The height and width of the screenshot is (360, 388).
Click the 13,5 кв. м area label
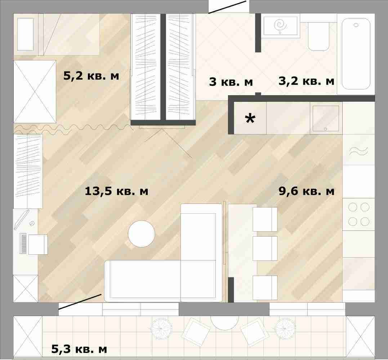coord(116,191)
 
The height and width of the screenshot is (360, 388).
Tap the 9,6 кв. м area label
coord(306,191)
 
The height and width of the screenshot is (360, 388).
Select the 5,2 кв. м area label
coord(91,75)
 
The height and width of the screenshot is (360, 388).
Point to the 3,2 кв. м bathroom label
coord(306,81)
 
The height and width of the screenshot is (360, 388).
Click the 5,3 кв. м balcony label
coord(79,349)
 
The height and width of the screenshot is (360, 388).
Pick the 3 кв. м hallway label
coord(231,82)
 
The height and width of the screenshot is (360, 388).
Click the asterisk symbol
coord(250,119)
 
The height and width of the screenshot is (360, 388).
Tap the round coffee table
coord(141,234)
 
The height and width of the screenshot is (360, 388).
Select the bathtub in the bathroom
coord(356,54)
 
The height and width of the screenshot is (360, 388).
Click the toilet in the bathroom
coord(318,36)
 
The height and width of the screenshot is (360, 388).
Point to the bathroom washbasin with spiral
coord(280,26)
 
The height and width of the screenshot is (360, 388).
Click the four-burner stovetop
coord(358,214)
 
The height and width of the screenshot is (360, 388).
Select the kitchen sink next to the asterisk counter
coord(326,118)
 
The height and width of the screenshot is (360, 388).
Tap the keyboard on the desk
coord(23,243)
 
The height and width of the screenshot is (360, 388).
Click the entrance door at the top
coord(227,7)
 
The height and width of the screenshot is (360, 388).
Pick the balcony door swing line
coord(80,302)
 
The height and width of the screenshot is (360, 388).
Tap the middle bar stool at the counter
coord(265,249)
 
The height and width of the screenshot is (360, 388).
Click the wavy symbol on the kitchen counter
coord(358,151)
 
